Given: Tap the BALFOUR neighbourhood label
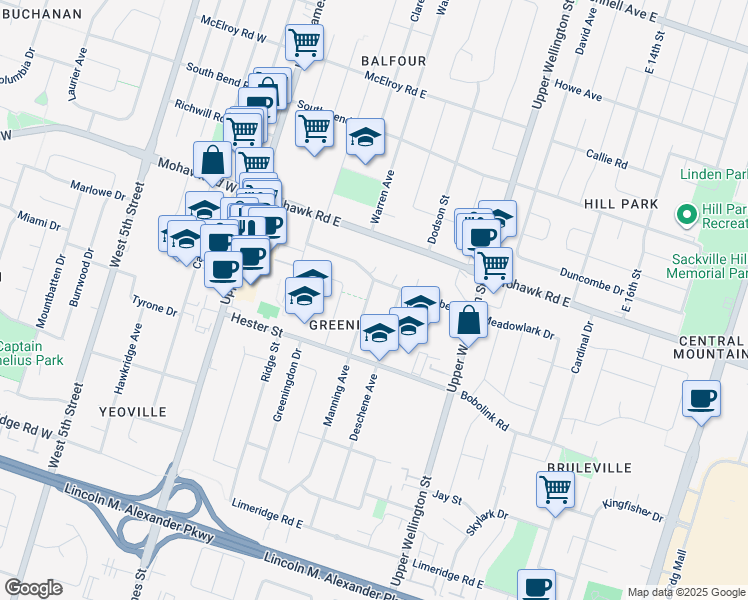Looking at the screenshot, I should point(394,61).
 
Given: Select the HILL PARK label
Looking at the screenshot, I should point(621,204).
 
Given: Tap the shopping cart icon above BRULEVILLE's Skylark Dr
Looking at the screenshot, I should point(555,489).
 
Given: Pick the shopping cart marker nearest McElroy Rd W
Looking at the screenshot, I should point(304,42).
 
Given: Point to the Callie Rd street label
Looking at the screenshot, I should point(607,160).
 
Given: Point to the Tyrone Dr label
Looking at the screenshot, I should point(155,304).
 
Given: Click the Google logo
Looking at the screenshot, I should point(34,588).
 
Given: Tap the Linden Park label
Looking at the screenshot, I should point(713,174).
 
